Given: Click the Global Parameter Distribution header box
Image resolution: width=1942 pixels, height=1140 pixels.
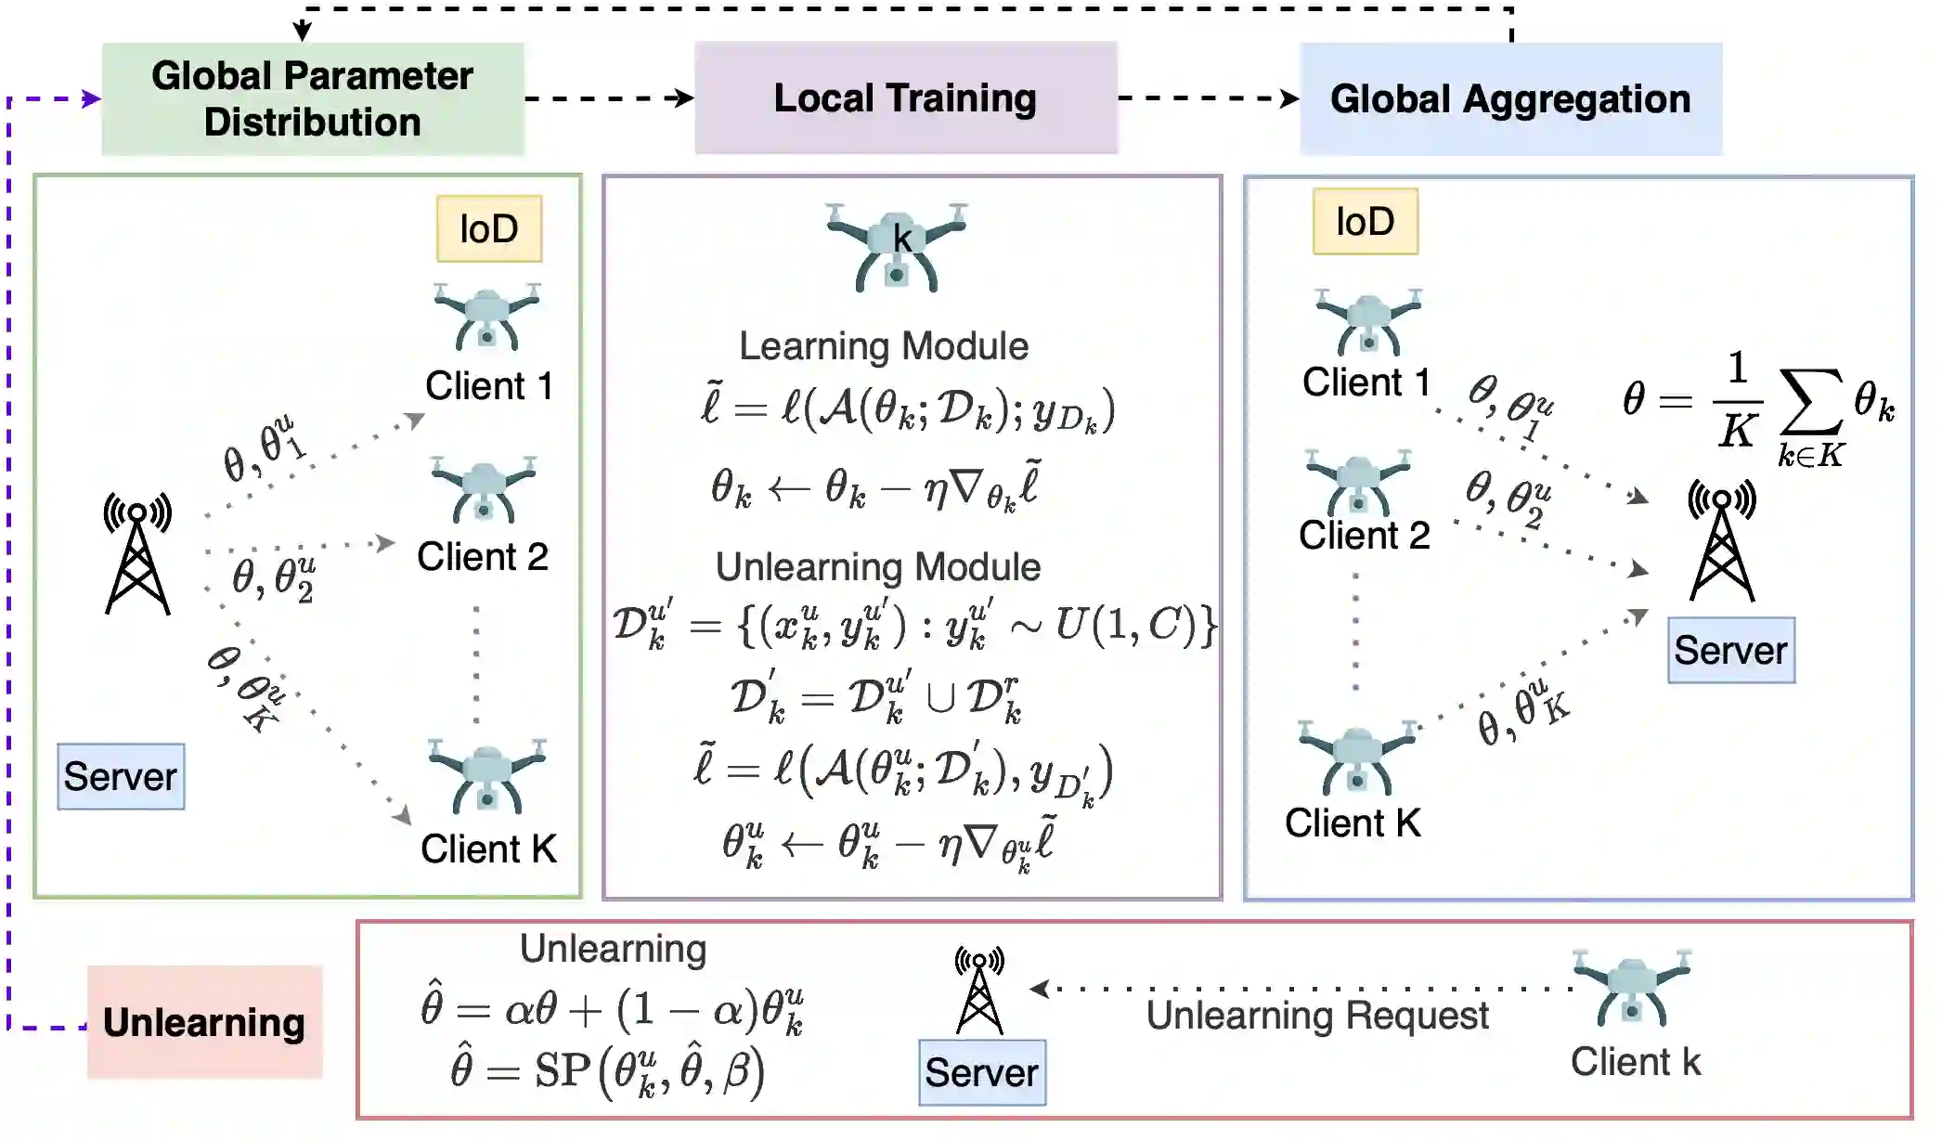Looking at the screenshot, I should [x=313, y=98].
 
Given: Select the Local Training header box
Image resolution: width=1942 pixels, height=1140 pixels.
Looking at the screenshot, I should [x=905, y=97].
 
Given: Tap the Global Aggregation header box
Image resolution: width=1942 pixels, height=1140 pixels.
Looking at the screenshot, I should [x=1510, y=98].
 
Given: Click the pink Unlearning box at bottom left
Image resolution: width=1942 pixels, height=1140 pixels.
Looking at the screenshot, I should [x=204, y=1022].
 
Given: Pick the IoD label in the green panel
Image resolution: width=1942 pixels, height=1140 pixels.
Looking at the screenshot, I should [x=489, y=228].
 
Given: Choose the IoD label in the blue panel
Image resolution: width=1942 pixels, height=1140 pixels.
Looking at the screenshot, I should [x=1365, y=222].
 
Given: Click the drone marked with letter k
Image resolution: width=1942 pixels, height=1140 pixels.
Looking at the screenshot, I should [x=897, y=247].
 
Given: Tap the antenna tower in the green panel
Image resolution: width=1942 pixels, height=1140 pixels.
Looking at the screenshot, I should [x=137, y=554].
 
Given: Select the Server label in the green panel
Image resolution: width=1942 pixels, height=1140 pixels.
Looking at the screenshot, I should [x=121, y=776].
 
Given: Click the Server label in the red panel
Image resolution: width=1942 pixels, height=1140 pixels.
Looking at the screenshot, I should [x=981, y=1072].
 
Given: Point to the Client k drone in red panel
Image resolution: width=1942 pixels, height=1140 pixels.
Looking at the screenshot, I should [x=1632, y=988].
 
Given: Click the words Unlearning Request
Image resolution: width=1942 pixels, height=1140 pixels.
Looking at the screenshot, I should [x=1316, y=1016].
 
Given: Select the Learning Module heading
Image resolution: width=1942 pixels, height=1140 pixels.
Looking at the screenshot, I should [x=883, y=346].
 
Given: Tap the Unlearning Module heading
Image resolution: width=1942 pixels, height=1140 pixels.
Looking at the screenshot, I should [x=877, y=567].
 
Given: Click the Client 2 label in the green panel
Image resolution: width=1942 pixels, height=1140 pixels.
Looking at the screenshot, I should [x=482, y=557].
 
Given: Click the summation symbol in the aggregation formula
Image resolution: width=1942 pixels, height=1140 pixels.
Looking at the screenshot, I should [x=1809, y=401].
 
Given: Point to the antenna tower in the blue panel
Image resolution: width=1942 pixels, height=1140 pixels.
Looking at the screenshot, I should [x=1721, y=540].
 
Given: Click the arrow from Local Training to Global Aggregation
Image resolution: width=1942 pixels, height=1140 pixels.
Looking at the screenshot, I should [x=1207, y=98].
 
